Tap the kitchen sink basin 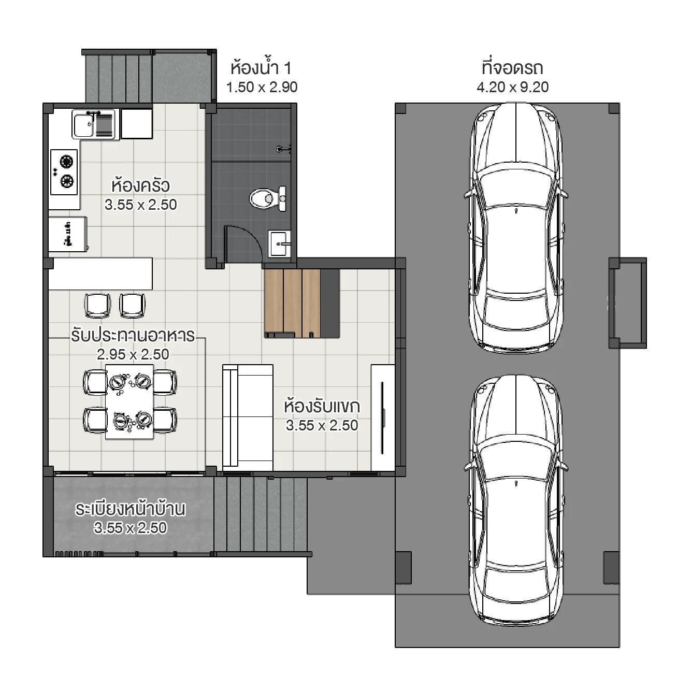[x=83, y=125]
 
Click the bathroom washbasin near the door [x=280, y=243]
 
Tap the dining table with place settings [x=129, y=402]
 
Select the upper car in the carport [x=516, y=228]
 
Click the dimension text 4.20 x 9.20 [x=512, y=87]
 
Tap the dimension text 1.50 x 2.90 [x=262, y=87]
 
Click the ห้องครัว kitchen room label [x=140, y=185]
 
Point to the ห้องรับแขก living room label [x=322, y=406]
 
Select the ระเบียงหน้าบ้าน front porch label [x=130, y=509]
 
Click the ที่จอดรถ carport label [x=512, y=68]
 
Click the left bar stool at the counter [x=97, y=305]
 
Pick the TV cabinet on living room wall [x=383, y=418]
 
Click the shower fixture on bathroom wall [x=283, y=149]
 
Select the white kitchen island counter [x=100, y=273]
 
